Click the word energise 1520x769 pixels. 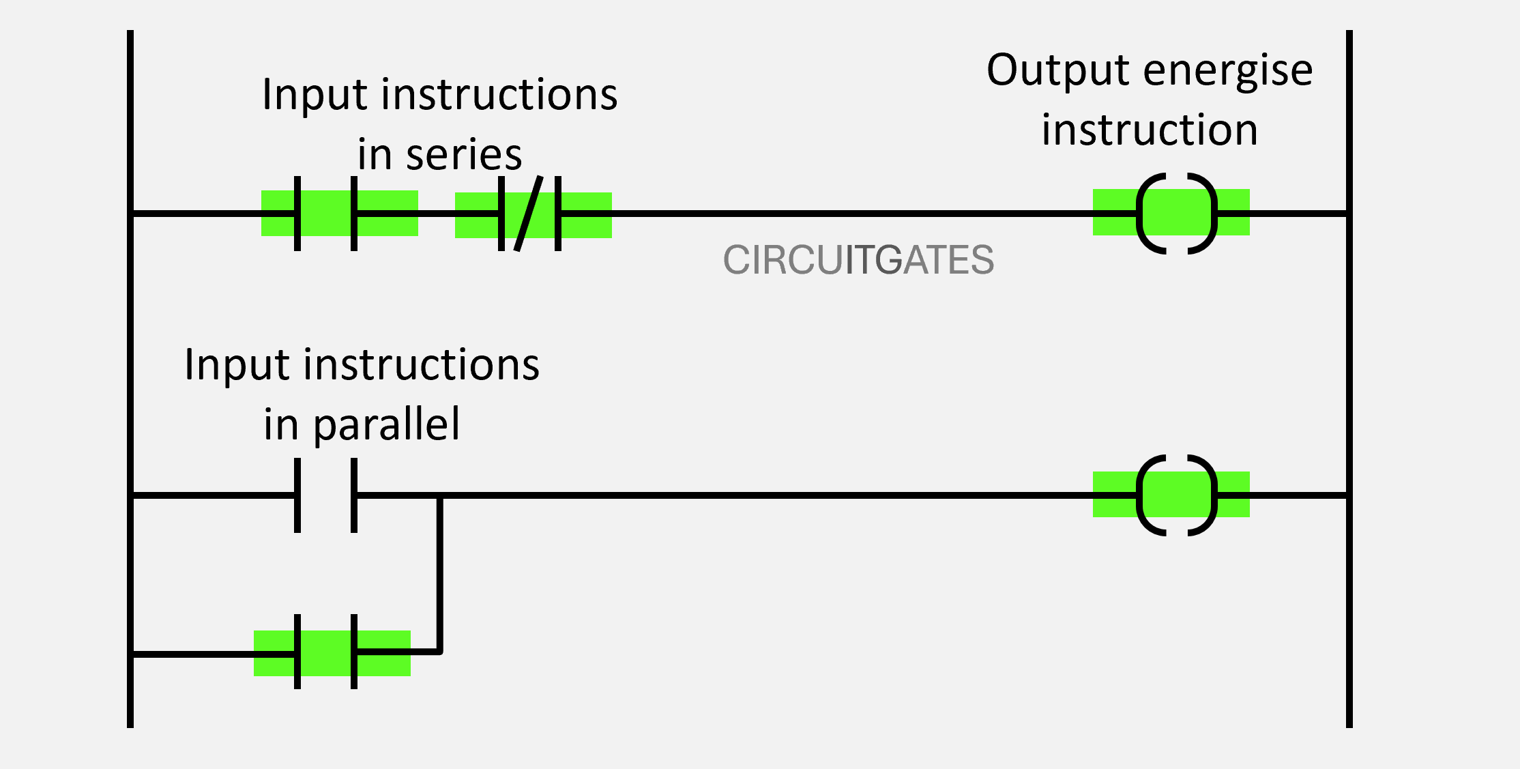pos(1228,71)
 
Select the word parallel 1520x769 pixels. pos(386,425)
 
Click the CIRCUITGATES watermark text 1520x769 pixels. pos(858,260)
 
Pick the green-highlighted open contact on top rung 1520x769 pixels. pos(325,214)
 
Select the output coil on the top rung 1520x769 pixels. pos(1176,214)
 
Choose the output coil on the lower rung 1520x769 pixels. pos(1176,495)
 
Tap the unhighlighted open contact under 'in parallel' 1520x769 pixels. pos(325,495)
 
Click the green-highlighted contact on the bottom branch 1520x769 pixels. pos(325,652)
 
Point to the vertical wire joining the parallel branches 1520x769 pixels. pos(440,573)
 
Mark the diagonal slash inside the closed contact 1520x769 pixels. pos(529,214)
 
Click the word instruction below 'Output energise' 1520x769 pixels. pos(1150,130)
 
